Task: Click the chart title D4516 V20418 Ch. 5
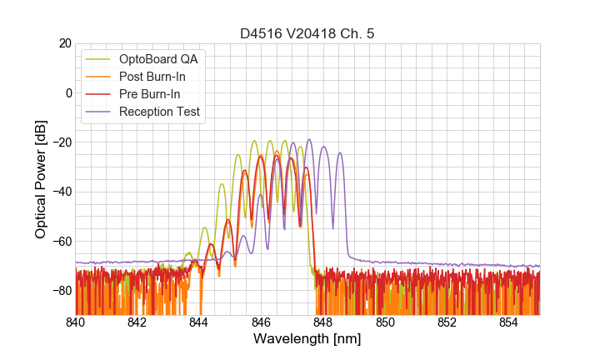(307, 34)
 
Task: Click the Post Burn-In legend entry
(163, 77)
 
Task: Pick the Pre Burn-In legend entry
(160, 94)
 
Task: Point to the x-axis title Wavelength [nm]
(307, 340)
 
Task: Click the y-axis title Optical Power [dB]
(41, 178)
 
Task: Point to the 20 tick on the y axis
(63, 43)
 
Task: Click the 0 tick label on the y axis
(67, 92)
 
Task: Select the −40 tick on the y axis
(59, 192)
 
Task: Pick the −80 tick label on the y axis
(59, 291)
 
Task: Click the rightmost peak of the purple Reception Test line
(339, 153)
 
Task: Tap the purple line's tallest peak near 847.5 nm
(309, 140)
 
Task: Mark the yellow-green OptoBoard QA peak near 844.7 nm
(222, 184)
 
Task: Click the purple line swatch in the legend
(99, 112)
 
